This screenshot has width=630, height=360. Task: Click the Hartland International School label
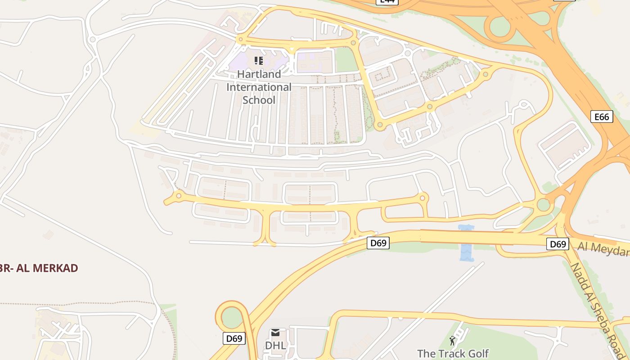[259, 87]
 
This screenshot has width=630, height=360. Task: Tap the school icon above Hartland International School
[258, 60]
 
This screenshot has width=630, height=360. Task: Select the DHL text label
[275, 346]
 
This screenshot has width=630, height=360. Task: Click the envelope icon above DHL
[275, 333]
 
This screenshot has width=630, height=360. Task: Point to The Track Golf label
[453, 354]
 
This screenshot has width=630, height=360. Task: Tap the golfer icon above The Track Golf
[453, 341]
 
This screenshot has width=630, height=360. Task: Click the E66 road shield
[602, 117]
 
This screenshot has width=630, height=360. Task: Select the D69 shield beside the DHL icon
[234, 338]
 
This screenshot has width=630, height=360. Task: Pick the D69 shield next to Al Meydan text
[558, 244]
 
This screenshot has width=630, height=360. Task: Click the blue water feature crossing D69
[466, 243]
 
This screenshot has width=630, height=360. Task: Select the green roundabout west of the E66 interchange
[544, 205]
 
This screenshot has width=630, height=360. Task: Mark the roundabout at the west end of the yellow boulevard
[179, 196]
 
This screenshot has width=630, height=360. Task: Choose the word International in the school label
[259, 87]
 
